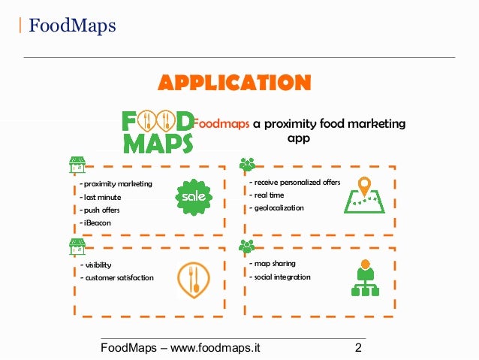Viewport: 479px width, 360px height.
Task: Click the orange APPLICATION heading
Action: pyautogui.click(x=233, y=82)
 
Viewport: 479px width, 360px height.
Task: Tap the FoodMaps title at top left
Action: pyautogui.click(x=72, y=27)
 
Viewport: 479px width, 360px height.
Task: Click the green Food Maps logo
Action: pyautogui.click(x=158, y=131)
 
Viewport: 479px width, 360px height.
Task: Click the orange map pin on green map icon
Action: pyautogui.click(x=364, y=195)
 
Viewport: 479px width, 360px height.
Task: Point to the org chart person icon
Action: pyautogui.click(x=365, y=277)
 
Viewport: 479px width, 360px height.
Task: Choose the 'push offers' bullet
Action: pyautogui.click(x=101, y=210)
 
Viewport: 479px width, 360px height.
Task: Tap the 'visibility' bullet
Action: pyautogui.click(x=97, y=265)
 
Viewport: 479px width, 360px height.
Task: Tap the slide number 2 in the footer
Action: pyautogui.click(x=358, y=348)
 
